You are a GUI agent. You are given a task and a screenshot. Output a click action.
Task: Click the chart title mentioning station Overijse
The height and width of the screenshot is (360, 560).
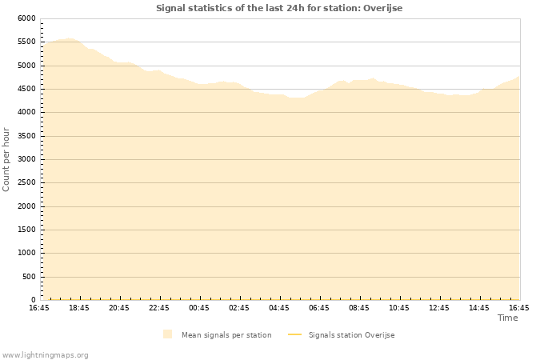pos(279,8)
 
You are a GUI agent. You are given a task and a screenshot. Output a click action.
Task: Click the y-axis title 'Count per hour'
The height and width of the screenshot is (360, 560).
pos(7,159)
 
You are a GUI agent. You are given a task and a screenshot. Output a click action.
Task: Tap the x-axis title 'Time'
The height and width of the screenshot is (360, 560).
pos(507,318)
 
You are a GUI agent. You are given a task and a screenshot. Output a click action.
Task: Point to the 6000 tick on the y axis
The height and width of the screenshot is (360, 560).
pos(26,18)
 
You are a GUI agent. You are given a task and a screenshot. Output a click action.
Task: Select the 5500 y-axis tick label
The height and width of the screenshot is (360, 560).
pos(26,42)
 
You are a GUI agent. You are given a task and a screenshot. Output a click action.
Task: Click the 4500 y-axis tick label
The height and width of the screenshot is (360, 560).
pos(26,89)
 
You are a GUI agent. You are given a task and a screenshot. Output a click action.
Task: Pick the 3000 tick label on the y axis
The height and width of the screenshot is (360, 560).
pos(26,159)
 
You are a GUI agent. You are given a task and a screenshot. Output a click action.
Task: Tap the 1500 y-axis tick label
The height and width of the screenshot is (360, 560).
pos(26,230)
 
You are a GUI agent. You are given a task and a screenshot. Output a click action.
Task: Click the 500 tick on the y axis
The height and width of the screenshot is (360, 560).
pos(29,277)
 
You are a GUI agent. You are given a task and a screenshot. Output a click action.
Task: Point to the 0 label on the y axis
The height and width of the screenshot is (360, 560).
pos(34,300)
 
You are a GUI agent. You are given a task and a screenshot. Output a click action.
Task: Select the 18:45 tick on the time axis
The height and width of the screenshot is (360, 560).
pos(79,308)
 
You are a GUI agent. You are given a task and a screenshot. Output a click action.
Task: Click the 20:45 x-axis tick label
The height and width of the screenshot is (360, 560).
pos(119,308)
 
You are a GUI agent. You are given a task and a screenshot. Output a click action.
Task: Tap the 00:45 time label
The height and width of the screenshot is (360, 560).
pos(199,308)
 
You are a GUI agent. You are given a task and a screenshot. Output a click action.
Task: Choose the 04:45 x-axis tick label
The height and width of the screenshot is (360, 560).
pos(279,308)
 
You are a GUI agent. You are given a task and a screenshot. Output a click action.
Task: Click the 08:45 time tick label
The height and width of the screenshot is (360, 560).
pos(359,308)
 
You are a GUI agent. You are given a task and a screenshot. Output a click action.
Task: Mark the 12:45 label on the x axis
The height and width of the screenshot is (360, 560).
pos(439,308)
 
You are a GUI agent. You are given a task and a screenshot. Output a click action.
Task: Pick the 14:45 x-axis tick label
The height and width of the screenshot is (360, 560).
pos(479,308)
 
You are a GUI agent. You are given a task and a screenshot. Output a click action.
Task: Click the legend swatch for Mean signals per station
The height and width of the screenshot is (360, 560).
pos(167,334)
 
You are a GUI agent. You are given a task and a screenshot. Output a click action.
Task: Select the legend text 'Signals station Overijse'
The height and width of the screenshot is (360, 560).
pos(351,335)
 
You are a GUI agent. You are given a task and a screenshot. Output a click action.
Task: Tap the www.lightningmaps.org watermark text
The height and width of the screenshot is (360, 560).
pos(46,354)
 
